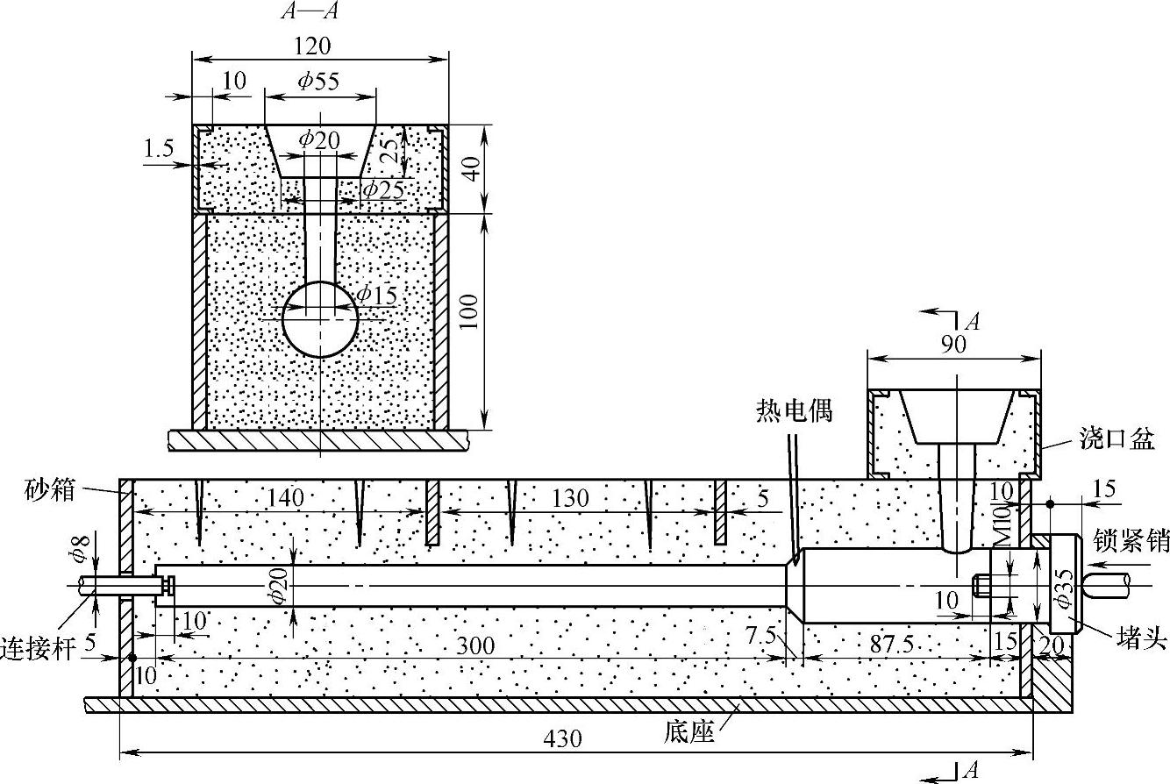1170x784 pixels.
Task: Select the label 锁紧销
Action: [1131, 542]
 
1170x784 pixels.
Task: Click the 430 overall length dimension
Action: [562, 738]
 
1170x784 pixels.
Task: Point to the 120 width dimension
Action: [313, 46]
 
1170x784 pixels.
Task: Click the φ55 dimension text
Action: [317, 81]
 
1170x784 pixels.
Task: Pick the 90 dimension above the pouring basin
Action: [953, 344]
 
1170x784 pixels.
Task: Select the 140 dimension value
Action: [282, 498]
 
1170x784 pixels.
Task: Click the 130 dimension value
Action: [571, 498]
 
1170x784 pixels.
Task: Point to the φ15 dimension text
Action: [375, 295]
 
